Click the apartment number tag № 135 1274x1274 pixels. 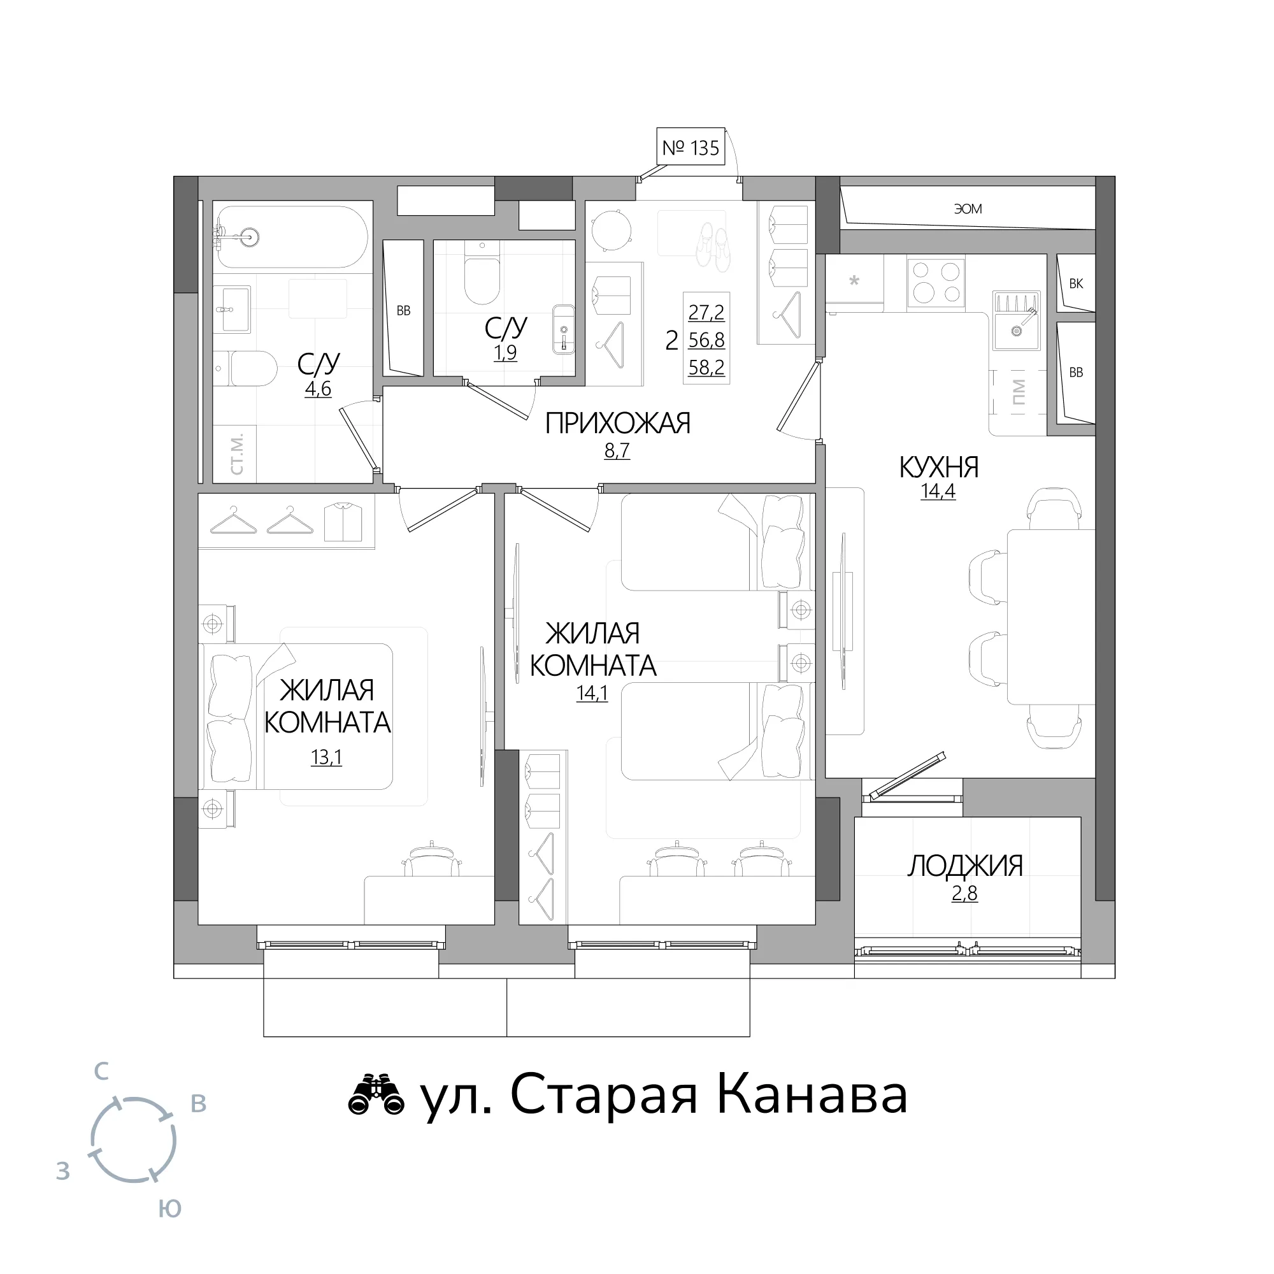(x=691, y=147)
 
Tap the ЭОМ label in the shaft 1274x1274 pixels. (x=968, y=209)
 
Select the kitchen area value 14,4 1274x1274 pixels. (x=938, y=491)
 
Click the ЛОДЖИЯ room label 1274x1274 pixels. (x=964, y=866)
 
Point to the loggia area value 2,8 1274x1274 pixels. (x=964, y=894)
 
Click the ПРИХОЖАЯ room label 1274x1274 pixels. (x=617, y=424)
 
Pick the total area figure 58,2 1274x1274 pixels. (x=706, y=368)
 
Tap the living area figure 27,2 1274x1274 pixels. (x=706, y=312)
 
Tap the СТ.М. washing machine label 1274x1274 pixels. (x=237, y=454)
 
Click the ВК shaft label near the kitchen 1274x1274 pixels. (x=1075, y=284)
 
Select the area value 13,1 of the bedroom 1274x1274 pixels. (x=326, y=757)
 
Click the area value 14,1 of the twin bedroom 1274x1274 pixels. (x=592, y=694)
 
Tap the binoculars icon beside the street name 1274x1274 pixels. (x=376, y=1096)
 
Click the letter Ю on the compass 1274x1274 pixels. (x=169, y=1209)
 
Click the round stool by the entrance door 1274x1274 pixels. (x=612, y=230)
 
